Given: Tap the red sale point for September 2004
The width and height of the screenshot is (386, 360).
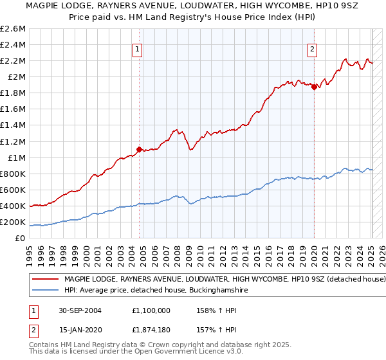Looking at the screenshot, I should click(140, 149).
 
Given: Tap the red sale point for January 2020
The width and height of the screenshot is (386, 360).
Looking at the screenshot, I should click(314, 87).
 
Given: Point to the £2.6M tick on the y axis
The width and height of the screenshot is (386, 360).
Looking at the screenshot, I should click(13, 29).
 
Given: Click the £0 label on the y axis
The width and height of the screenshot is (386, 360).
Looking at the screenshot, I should click(21, 239).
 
